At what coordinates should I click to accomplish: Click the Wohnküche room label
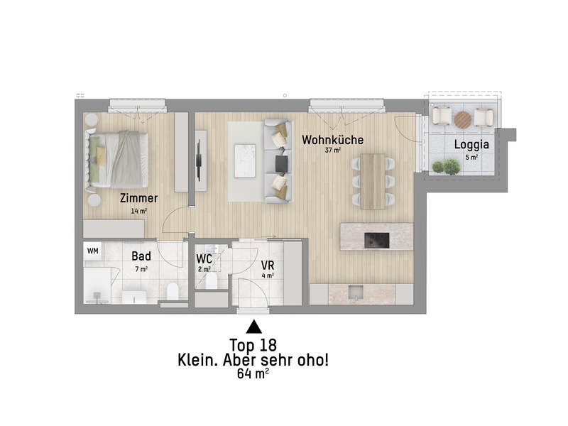pos(333,140)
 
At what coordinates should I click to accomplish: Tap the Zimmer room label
pos(138,198)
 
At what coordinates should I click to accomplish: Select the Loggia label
pos(471,145)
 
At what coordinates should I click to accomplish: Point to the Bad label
pos(141,256)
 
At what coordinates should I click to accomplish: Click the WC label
pos(204,258)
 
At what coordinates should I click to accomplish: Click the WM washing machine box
pos(93,251)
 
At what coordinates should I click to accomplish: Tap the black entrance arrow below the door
pos(253,327)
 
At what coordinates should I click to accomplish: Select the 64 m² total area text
pos(253,374)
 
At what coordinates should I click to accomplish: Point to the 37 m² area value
pos(333,151)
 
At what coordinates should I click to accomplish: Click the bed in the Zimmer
pos(118,158)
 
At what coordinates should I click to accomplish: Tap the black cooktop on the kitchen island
pos(377,240)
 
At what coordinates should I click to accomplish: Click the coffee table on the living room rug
pos(245,158)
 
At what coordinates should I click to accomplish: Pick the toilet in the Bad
pos(171,291)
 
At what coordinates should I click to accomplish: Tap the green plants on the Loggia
pos(446,167)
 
